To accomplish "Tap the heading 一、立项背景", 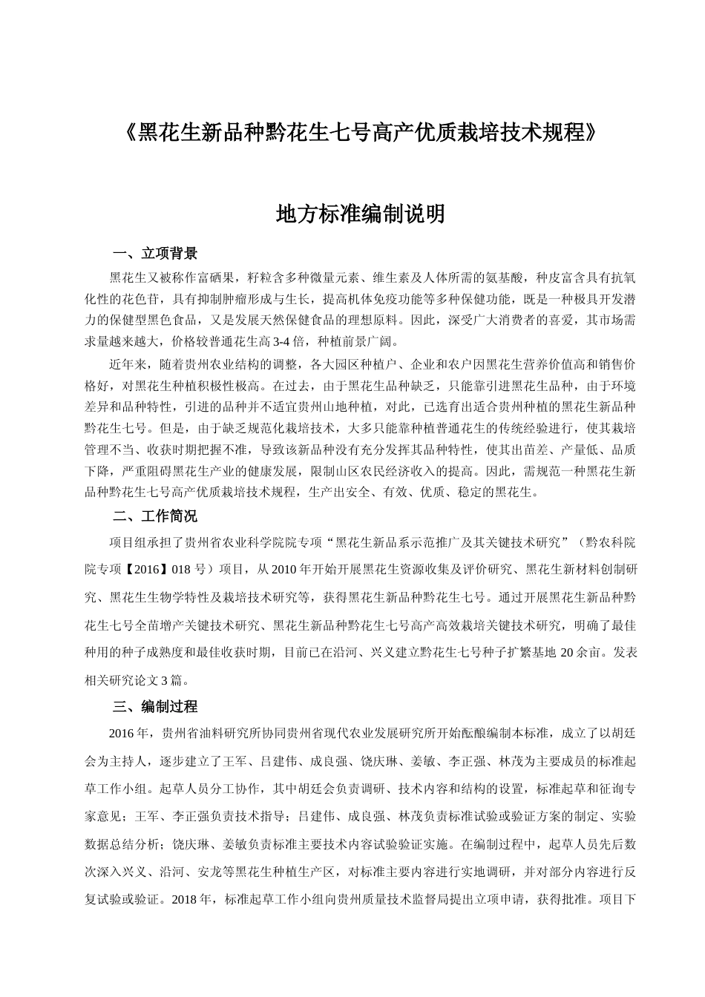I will coord(154,254).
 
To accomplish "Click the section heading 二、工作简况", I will coord(154,516).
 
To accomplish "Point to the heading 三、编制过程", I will coord(154,706).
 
